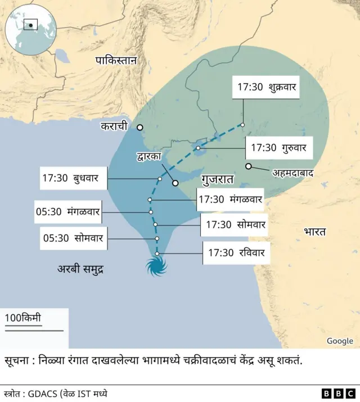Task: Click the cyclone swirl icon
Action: point(157,266)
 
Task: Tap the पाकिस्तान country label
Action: point(116,60)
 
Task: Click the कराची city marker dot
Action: point(140,127)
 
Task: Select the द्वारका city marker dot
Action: point(175,183)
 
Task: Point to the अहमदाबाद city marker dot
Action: point(248,166)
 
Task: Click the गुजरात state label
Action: point(217,180)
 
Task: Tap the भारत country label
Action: point(315,231)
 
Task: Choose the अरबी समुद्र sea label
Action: point(83,269)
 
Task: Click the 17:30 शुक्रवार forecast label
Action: point(267,87)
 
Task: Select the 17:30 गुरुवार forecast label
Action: point(278,148)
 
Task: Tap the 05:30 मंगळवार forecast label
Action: point(67,212)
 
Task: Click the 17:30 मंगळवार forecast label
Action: point(230,199)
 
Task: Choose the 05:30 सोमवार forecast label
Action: point(73,238)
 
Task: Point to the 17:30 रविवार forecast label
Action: point(236,252)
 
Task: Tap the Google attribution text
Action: point(340,341)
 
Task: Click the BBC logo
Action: point(338,394)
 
